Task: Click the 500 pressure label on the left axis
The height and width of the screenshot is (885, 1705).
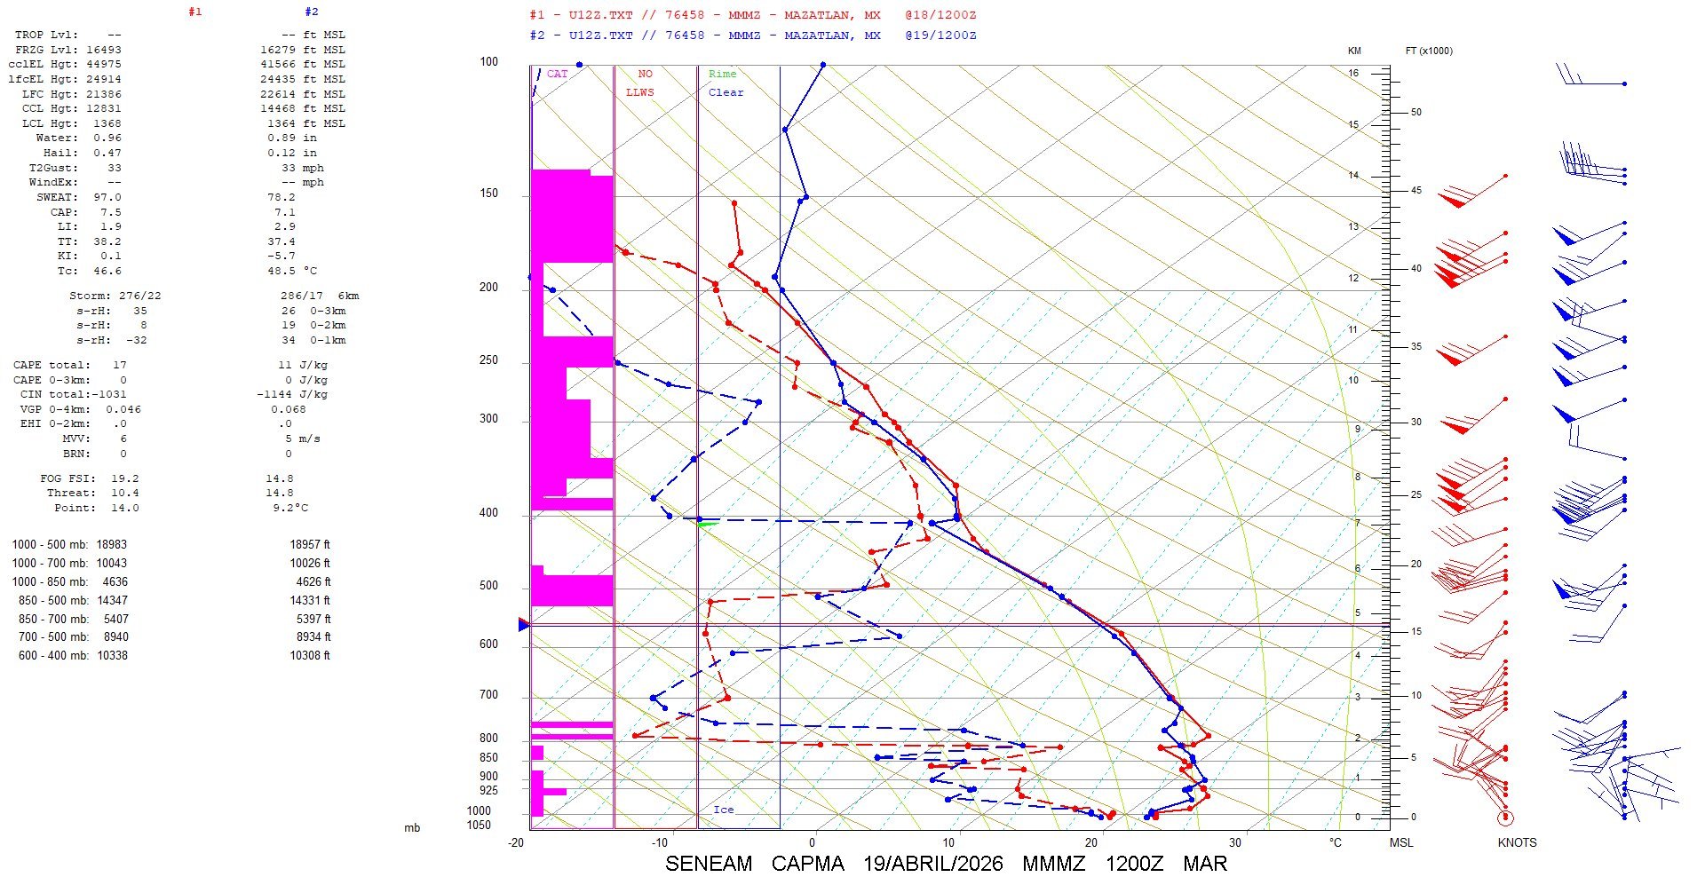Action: (488, 586)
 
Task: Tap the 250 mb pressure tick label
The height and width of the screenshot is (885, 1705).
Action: (488, 360)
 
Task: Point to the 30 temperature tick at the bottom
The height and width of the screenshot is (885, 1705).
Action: (1235, 842)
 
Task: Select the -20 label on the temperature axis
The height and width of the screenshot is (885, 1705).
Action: (516, 842)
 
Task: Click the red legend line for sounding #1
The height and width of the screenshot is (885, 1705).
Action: (752, 15)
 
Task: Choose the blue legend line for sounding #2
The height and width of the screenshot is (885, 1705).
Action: (752, 36)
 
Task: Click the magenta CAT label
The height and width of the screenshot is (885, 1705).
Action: (557, 74)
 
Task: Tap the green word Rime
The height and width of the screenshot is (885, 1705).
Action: (722, 74)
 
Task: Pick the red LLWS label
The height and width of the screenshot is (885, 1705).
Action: (639, 92)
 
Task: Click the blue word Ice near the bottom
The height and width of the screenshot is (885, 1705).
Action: (724, 810)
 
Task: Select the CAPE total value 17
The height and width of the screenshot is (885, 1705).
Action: (120, 365)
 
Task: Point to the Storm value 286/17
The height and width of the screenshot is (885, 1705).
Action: (298, 296)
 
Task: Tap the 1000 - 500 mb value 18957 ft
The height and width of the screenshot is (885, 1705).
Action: (309, 544)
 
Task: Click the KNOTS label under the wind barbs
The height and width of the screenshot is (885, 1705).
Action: (1517, 842)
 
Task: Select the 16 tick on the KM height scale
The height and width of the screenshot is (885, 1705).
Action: (1353, 73)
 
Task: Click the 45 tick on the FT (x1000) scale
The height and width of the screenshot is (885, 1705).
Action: (1416, 190)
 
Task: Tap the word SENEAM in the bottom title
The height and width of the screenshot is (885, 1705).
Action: (708, 864)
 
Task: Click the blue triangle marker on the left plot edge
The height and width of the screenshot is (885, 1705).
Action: (523, 625)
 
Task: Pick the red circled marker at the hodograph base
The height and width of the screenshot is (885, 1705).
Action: (1505, 818)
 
